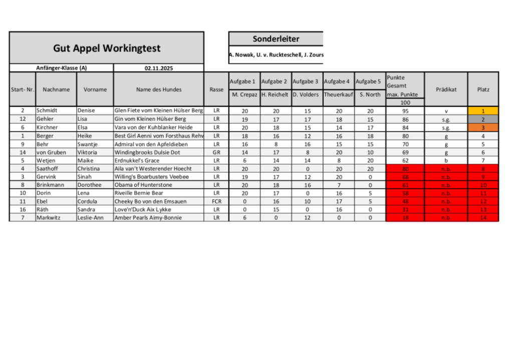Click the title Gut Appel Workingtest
tap(107, 48)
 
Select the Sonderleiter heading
tap(276, 39)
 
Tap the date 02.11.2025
tap(158, 68)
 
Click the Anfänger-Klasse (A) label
tap(61, 68)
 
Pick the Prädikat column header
tap(446, 89)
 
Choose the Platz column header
tap(483, 89)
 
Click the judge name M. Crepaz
tap(244, 94)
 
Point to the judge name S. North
tap(370, 94)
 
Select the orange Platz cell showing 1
tap(483, 111)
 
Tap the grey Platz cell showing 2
tap(483, 119)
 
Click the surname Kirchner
tap(47, 127)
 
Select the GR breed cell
tap(216, 152)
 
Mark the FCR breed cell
tap(216, 201)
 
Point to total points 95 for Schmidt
tap(405, 111)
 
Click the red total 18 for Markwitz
tap(405, 218)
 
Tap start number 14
tap(23, 152)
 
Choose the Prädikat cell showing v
tap(446, 111)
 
